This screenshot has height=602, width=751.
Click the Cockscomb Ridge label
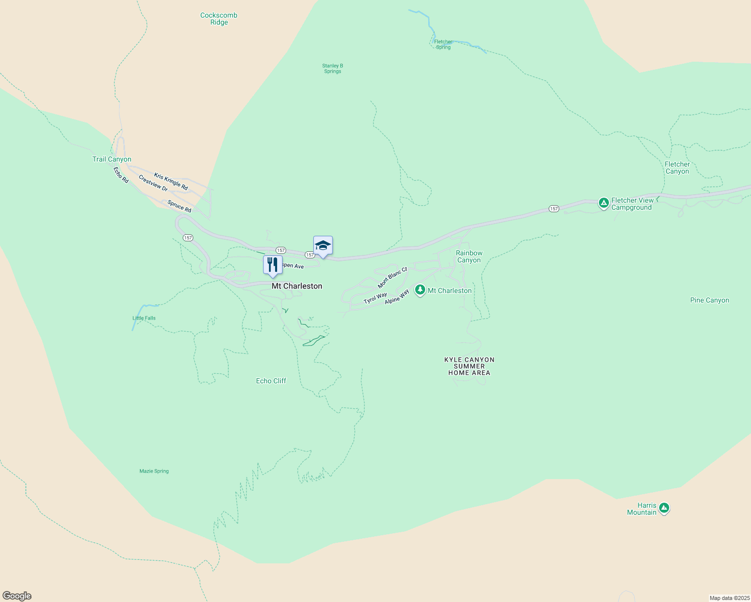(x=219, y=19)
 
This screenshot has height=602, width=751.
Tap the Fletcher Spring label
(x=443, y=45)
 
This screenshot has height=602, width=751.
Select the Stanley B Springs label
(x=332, y=68)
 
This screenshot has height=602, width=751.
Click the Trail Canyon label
(x=112, y=159)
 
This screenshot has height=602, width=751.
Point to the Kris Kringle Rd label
(x=171, y=182)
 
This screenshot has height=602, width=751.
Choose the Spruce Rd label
(x=179, y=206)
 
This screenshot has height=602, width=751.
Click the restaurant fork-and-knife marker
(x=273, y=265)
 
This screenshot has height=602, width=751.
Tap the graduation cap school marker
(x=323, y=245)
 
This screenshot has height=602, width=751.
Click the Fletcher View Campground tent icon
(x=604, y=203)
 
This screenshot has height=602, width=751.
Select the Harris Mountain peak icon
(x=664, y=508)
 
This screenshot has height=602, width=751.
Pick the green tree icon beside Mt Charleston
(x=420, y=290)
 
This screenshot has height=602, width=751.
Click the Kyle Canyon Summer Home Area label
(x=469, y=366)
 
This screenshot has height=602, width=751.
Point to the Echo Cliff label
(x=271, y=381)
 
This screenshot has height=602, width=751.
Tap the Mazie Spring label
(x=154, y=471)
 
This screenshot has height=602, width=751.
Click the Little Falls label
(x=144, y=318)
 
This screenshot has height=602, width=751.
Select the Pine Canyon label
(x=709, y=300)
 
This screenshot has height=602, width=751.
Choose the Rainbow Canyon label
(x=469, y=256)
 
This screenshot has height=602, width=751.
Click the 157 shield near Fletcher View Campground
(x=554, y=209)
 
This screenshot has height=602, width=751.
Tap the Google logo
(x=17, y=596)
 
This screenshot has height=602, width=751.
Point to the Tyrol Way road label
(x=375, y=298)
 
